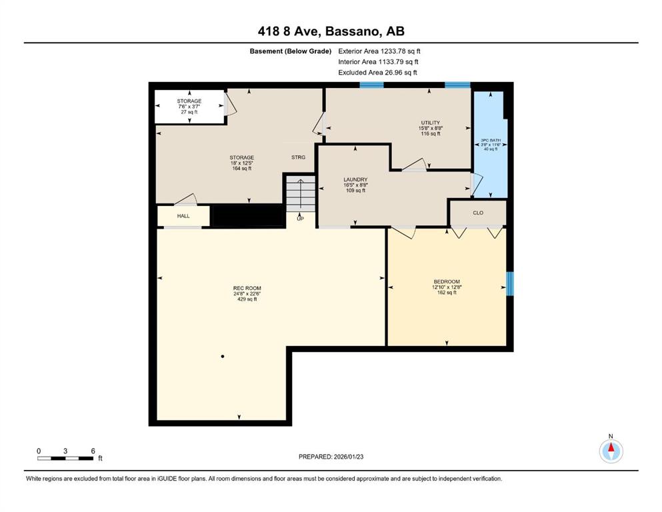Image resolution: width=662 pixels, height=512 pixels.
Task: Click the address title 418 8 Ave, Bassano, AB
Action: coord(331,31)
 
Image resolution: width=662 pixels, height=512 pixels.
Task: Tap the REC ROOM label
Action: coord(247,288)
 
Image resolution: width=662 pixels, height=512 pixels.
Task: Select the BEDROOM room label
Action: coord(447,281)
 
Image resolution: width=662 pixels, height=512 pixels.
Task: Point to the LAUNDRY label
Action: coord(355,179)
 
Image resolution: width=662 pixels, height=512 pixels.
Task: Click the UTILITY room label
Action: coord(430,123)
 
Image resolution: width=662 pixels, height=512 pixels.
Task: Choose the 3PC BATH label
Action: coord(491,140)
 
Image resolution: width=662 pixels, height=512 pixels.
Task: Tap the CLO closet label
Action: coord(478,213)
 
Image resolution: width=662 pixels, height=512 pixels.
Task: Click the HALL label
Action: coord(183,216)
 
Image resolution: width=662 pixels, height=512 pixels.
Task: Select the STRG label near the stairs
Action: coord(298,157)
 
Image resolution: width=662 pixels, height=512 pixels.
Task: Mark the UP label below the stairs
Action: coord(300,219)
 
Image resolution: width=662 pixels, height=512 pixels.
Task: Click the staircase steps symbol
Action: coord(301,194)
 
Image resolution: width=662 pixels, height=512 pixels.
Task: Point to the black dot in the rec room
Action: coord(223,356)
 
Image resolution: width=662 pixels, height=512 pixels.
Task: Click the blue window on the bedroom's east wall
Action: coord(510,283)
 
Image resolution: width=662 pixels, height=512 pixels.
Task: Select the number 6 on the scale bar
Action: coord(93,451)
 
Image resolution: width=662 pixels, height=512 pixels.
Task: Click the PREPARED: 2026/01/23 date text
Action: coord(331,457)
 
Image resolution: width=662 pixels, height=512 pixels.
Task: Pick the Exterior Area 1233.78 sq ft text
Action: coord(379,51)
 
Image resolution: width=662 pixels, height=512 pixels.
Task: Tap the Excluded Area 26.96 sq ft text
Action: coord(377,72)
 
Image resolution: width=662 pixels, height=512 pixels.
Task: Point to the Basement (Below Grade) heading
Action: coord(291,51)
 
